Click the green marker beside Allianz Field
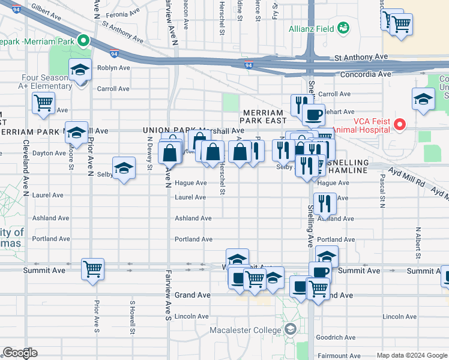(343, 28)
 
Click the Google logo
(19, 353)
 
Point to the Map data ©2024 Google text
(412, 355)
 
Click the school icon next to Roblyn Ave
(80, 70)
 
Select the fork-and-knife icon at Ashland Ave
(325, 203)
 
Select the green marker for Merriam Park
(83, 41)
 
